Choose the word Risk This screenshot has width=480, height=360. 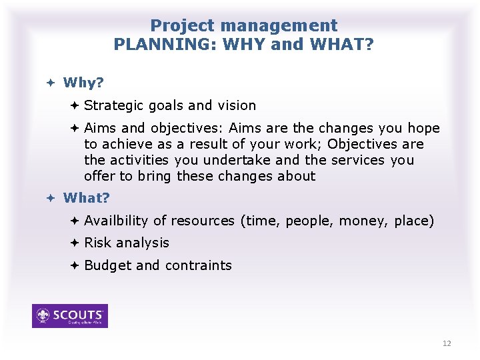97,243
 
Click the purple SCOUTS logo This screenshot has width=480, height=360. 70,316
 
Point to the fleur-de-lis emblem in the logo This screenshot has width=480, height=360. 44,315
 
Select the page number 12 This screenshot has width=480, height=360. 446,343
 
